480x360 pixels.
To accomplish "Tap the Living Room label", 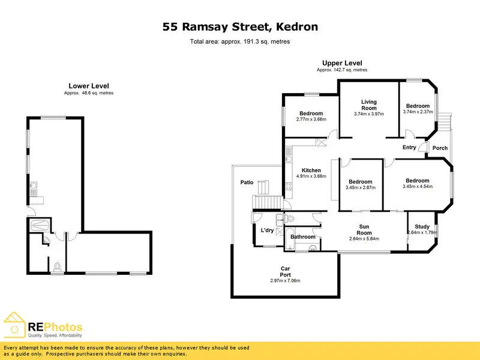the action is point(368,105).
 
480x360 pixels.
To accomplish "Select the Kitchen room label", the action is point(311,170).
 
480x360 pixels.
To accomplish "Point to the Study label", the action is point(422,226).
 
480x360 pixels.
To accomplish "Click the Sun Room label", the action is point(364,229).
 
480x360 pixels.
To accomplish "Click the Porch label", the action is point(440,148).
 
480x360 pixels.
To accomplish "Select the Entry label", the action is point(409,147).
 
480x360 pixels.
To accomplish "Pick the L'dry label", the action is point(267,230).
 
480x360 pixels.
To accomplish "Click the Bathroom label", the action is point(303,237).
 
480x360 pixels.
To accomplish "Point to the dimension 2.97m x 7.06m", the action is point(285,281).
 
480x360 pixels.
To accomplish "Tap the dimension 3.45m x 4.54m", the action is point(417,187).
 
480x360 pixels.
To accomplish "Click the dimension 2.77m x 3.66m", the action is point(311,119).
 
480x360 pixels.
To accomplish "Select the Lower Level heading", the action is point(88,86).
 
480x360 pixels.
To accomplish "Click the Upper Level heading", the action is point(342,63).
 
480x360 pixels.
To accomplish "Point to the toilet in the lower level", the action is point(58,266).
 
